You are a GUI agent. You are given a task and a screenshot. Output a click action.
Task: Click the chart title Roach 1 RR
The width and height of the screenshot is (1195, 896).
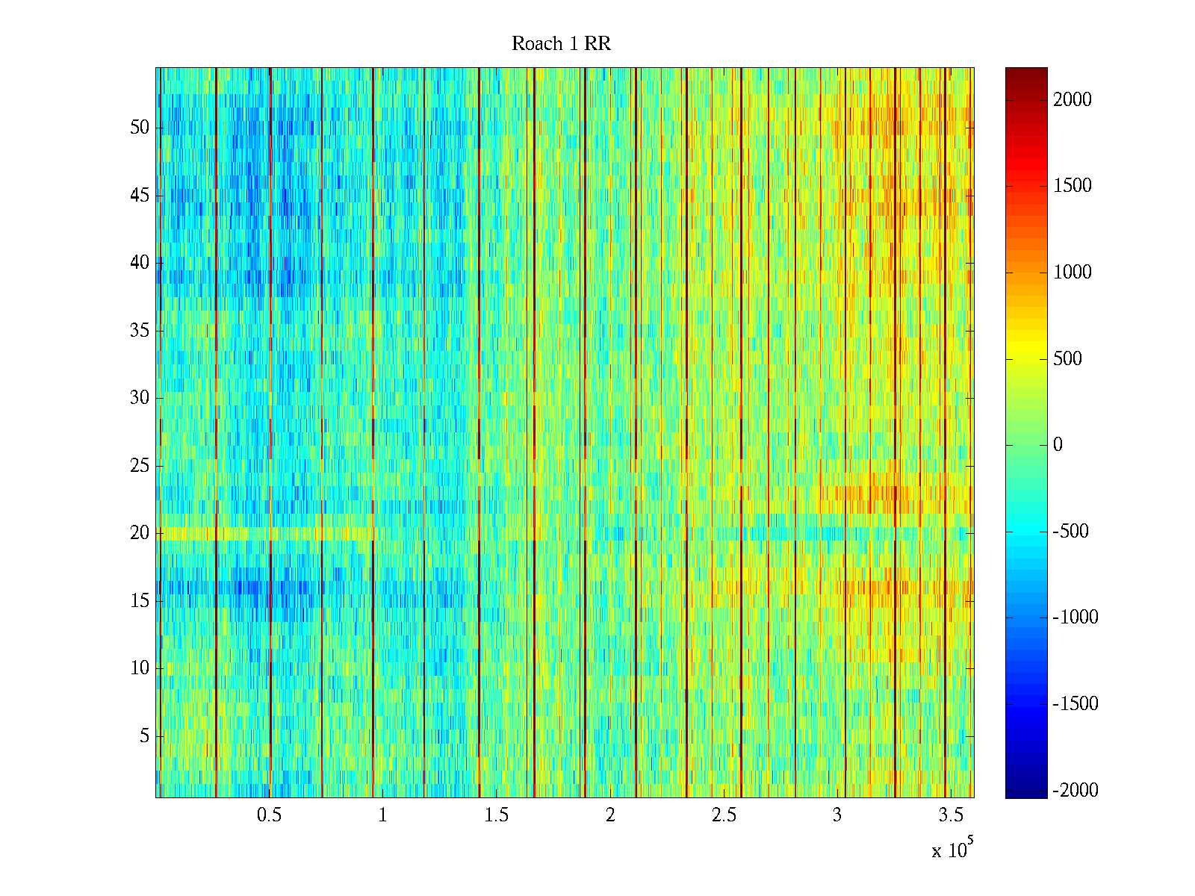(x=561, y=44)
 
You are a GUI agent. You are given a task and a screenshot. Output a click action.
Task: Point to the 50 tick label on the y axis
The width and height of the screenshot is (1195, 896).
(x=140, y=128)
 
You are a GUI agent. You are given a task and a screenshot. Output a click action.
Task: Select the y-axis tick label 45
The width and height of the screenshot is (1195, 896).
(x=140, y=196)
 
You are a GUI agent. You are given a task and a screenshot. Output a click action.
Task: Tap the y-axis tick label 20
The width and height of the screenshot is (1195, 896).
(x=140, y=533)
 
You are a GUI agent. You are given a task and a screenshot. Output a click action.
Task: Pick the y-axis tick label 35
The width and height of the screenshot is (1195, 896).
(x=140, y=331)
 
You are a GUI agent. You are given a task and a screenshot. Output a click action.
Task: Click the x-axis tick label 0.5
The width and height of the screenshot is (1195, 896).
(x=269, y=815)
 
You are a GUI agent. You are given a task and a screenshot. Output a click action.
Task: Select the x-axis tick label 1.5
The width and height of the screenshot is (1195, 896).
(x=497, y=815)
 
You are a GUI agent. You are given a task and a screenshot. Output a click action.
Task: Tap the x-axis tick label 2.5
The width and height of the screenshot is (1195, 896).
(x=724, y=815)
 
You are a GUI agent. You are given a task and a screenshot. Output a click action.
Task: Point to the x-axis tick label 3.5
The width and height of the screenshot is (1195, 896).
(x=951, y=815)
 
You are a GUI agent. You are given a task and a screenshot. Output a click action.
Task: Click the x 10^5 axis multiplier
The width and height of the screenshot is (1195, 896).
(x=952, y=850)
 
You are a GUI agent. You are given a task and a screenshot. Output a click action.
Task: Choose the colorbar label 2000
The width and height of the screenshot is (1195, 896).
(x=1073, y=100)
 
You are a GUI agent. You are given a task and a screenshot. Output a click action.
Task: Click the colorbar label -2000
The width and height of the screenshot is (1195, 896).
(x=1075, y=791)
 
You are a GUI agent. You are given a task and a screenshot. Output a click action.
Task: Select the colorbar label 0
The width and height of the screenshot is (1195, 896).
(x=1058, y=445)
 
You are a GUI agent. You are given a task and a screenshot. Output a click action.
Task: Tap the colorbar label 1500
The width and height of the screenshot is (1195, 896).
(x=1073, y=186)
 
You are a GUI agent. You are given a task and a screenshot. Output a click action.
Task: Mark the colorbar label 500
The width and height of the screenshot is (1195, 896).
(x=1068, y=359)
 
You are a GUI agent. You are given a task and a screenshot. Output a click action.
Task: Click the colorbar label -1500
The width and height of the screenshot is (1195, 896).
(x=1075, y=704)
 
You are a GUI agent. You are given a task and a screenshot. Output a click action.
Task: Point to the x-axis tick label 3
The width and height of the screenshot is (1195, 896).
(x=837, y=815)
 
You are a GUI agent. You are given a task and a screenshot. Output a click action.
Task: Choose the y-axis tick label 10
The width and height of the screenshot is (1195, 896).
(x=140, y=668)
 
